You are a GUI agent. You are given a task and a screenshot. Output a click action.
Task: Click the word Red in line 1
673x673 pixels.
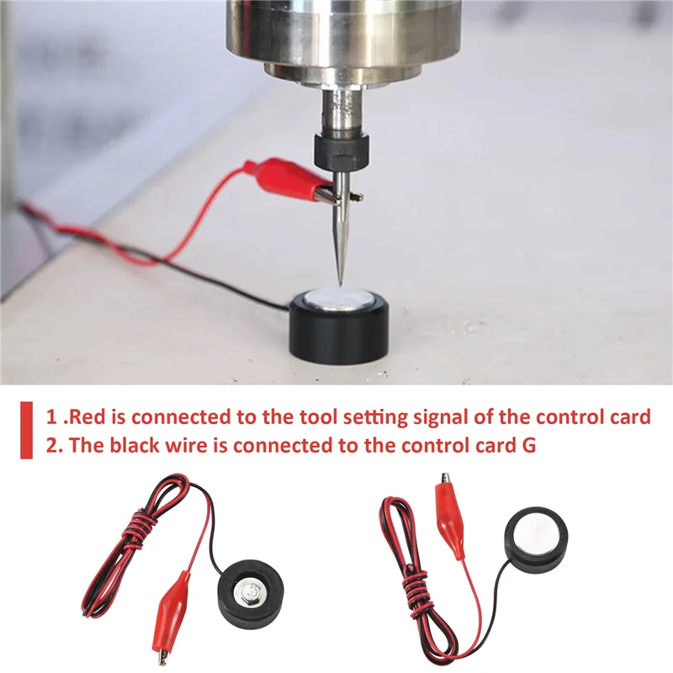(x=108, y=416)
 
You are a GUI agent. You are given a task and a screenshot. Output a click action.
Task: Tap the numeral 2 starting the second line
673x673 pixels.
(x=51, y=446)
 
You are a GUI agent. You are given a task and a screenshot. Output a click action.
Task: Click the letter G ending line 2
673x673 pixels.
(x=528, y=446)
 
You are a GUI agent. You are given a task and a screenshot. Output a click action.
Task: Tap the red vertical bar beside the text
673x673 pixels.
(x=27, y=430)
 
